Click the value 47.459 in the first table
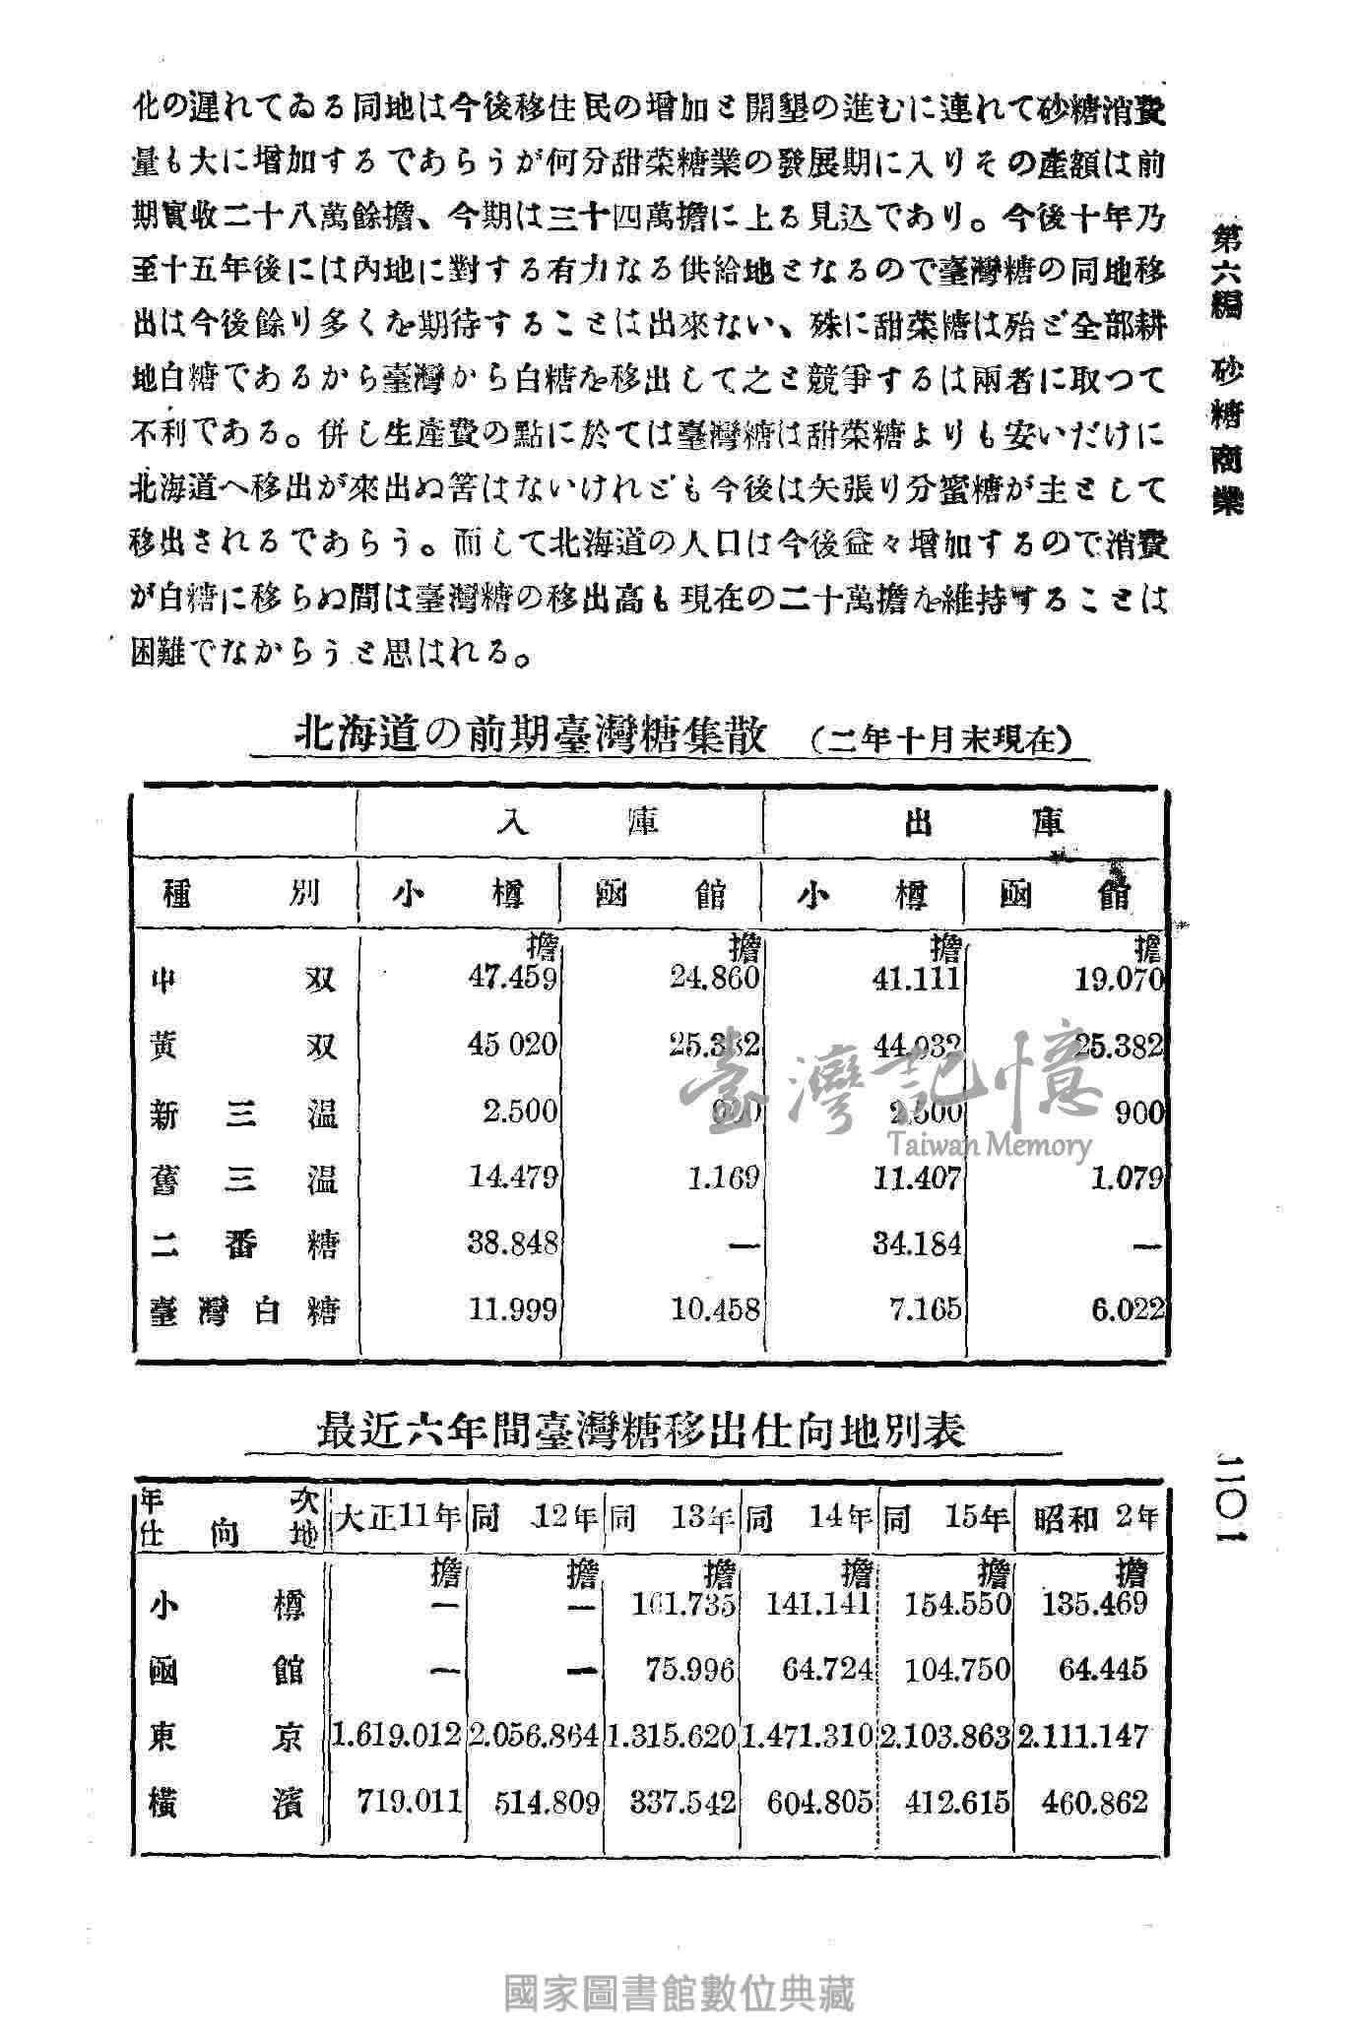512,979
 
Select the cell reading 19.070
1120,980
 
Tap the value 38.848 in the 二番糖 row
512,1243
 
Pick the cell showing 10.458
716,1309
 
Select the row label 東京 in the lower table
226,1737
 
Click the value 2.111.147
1083,1737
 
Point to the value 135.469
1094,1604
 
